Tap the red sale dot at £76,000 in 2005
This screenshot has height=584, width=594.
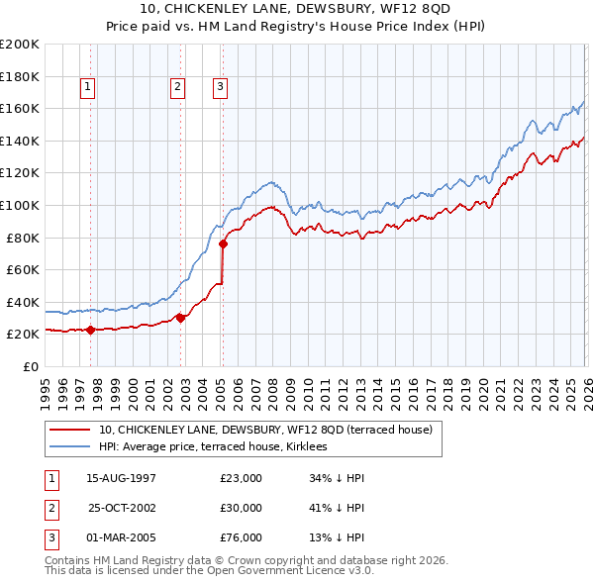tap(223, 243)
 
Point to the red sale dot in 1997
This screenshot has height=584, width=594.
tap(90, 330)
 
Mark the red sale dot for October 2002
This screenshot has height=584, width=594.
tap(181, 318)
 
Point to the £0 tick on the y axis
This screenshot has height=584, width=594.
tap(30, 366)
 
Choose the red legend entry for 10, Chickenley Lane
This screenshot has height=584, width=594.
tap(265, 431)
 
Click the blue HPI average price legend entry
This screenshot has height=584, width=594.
tap(220, 447)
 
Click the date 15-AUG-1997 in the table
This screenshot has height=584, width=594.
tap(121, 478)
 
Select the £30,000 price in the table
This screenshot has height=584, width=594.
tap(242, 508)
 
